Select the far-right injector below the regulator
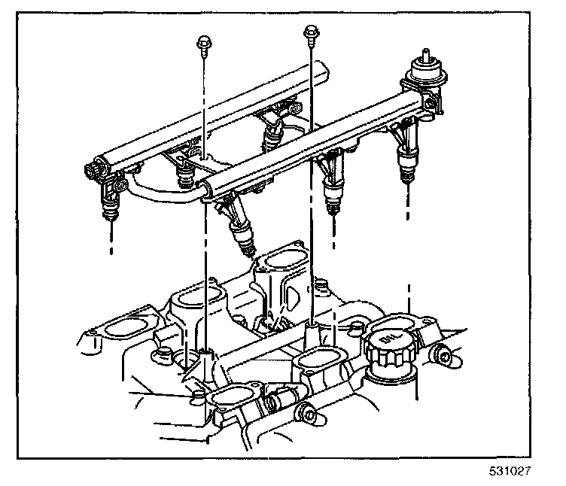point(407,159)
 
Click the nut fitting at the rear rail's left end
point(94,169)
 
